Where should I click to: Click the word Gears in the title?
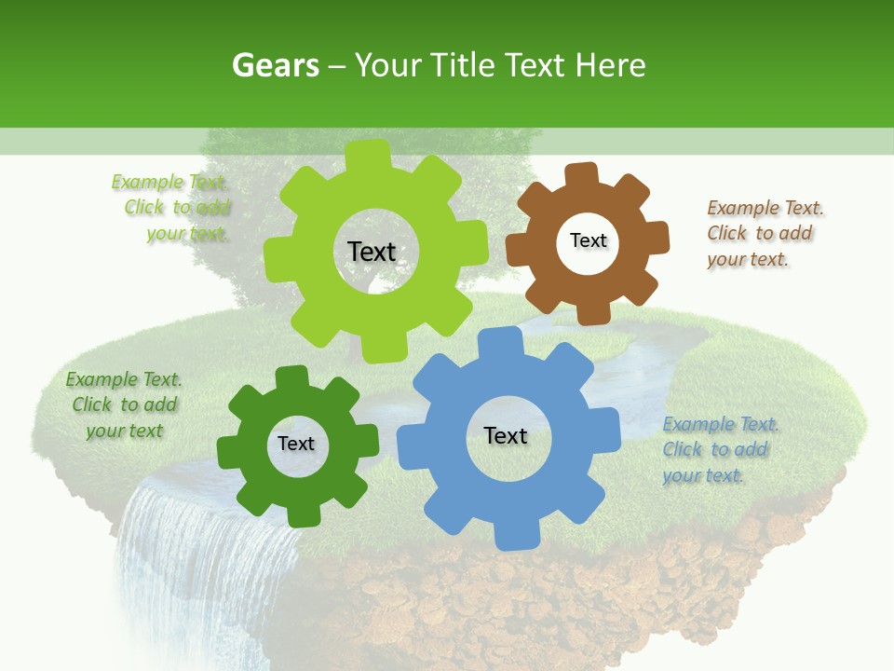pyautogui.click(x=276, y=65)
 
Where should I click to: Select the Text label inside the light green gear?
pyautogui.click(x=372, y=252)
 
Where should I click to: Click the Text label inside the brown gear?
pyautogui.click(x=588, y=240)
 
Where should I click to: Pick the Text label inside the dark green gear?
pyautogui.click(x=296, y=444)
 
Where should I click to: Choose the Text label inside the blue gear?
pyautogui.click(x=506, y=435)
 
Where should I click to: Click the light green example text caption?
pyautogui.click(x=173, y=208)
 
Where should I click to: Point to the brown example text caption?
pyautogui.click(x=764, y=233)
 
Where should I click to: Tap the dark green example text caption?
pyautogui.click(x=124, y=404)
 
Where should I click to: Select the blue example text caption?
pyautogui.click(x=719, y=449)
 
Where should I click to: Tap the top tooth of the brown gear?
pyautogui.click(x=582, y=175)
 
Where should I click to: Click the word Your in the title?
pyautogui.click(x=388, y=65)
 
